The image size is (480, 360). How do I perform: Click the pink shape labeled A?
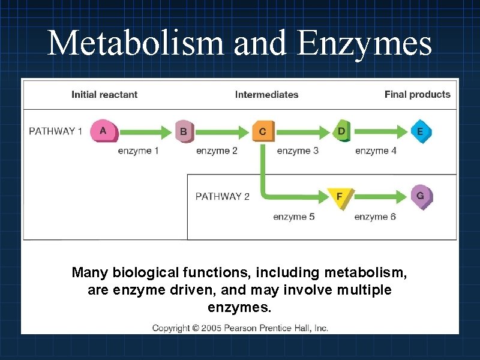pos(104,131)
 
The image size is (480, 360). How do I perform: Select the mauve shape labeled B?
pos(184,131)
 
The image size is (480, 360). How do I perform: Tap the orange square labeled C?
pos(263,131)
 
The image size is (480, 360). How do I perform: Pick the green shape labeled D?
pos(341,131)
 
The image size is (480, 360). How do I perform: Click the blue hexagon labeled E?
pos(420,131)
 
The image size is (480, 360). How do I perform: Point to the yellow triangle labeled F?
pos(340,197)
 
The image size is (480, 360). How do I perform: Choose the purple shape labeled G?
pos(421,196)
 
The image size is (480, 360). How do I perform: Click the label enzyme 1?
pos(138,151)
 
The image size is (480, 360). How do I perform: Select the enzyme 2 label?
pos(217,151)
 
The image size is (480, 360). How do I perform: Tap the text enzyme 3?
pos(298,151)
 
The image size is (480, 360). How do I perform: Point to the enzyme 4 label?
pos(376,151)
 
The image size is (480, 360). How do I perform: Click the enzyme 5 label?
pos(293,217)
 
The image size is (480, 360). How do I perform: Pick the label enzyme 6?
pos(375,217)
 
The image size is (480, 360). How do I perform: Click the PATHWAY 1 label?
pos(56,131)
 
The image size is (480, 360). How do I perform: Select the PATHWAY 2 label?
pos(223,196)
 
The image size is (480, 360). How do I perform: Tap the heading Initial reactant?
pos(104,94)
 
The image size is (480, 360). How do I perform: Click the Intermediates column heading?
pos(266,94)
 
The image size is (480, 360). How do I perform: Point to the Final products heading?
pos(417,94)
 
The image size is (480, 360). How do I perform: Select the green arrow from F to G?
pos(382,196)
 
